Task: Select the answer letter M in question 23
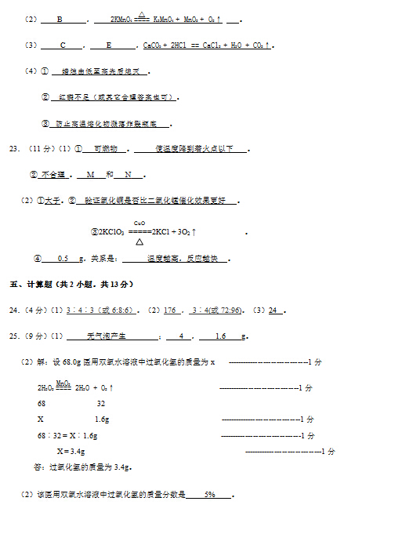click(x=89, y=174)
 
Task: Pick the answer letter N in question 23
click(x=127, y=174)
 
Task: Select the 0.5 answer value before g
click(x=63, y=259)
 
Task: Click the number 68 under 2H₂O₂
click(x=42, y=403)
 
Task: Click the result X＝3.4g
click(x=71, y=451)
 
